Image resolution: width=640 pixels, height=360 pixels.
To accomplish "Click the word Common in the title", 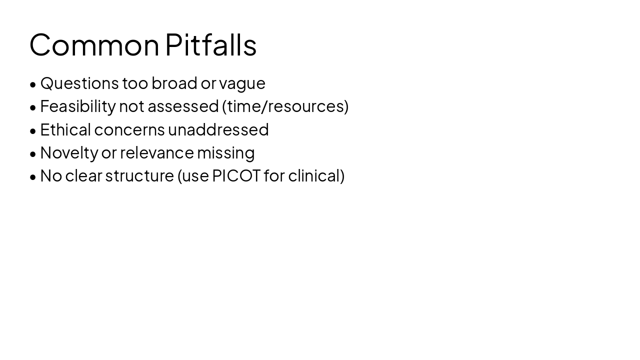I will [94, 45].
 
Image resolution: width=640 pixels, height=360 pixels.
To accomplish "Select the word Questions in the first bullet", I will [79, 83].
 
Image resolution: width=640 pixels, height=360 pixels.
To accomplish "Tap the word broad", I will [174, 83].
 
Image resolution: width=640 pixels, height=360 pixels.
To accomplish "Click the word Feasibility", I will [77, 106].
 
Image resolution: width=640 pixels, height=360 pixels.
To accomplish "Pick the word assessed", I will [183, 106].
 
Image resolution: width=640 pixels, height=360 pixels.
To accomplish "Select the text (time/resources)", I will [285, 106].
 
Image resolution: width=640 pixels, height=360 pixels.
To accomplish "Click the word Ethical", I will [65, 129].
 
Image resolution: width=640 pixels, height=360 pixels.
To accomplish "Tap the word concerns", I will [129, 130].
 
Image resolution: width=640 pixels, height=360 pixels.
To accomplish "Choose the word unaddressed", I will [218, 129].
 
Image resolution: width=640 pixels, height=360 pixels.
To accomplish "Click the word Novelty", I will [69, 153].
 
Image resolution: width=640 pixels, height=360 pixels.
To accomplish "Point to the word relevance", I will [156, 153].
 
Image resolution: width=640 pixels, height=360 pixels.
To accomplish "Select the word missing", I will [225, 153].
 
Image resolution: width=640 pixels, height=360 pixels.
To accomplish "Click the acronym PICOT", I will [236, 176].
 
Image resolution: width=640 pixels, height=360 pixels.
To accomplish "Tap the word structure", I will [139, 176].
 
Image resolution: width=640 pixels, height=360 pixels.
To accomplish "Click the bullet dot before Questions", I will [33, 84].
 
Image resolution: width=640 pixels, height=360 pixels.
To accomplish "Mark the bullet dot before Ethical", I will [33, 131].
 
